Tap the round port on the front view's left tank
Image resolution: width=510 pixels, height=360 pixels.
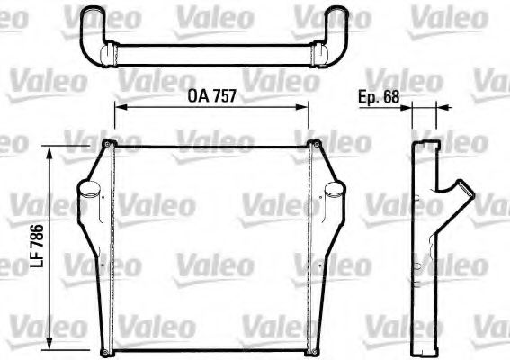(88, 192)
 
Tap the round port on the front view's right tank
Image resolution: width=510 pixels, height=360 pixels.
(334, 192)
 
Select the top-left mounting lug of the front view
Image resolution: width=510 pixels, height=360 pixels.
(108, 144)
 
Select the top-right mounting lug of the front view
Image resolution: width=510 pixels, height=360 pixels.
(314, 144)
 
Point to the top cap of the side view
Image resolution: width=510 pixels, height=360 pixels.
(424, 146)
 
